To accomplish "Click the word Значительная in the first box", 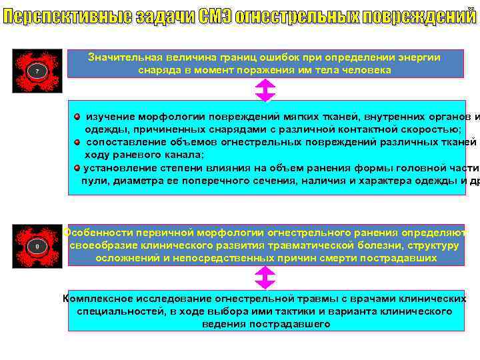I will [123, 57].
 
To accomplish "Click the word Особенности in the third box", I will [98, 233].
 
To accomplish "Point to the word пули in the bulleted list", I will [93, 180].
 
